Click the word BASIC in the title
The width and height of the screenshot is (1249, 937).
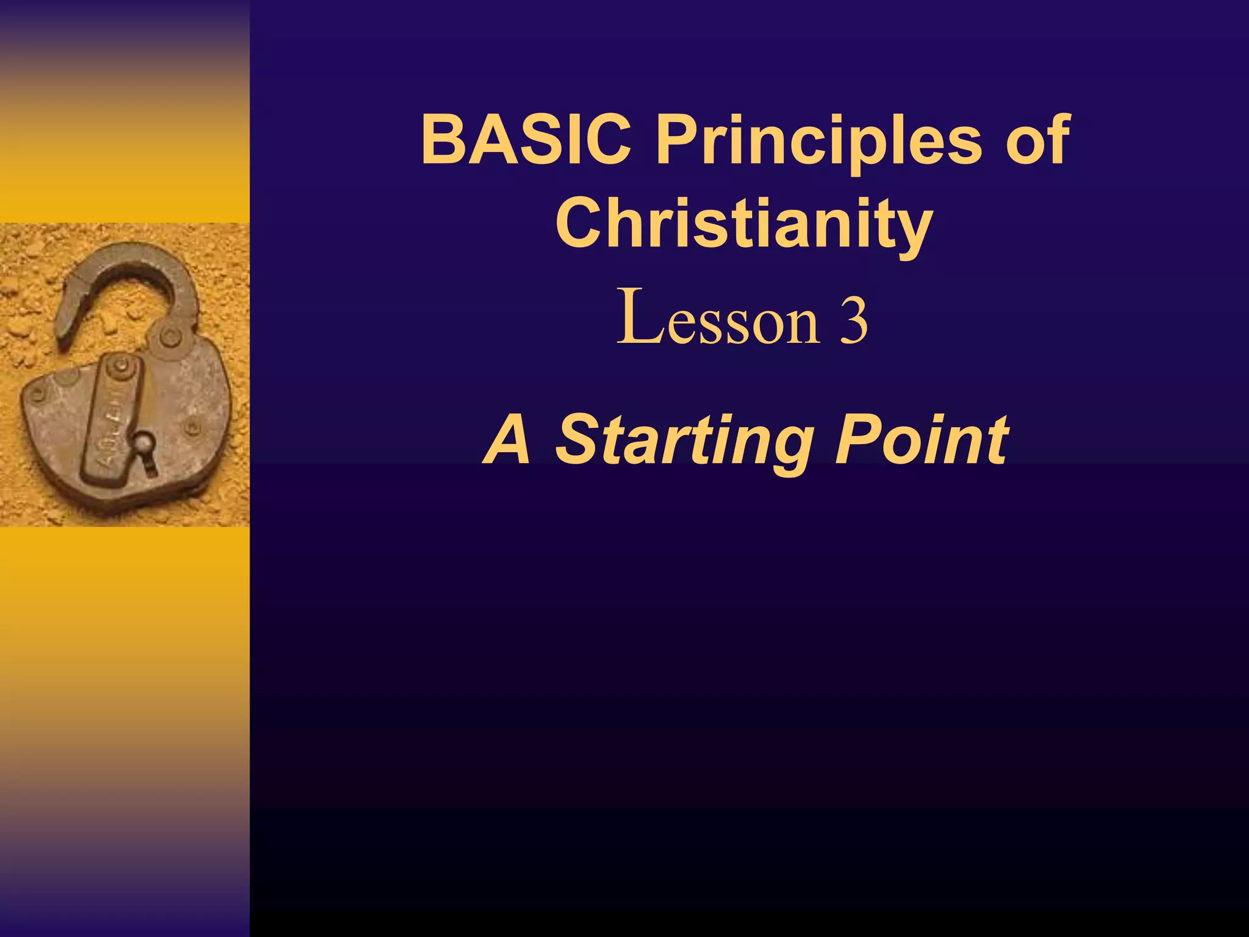[526, 141]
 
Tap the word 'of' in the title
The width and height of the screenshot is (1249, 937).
[1037, 141]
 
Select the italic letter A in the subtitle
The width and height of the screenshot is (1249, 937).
[507, 439]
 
